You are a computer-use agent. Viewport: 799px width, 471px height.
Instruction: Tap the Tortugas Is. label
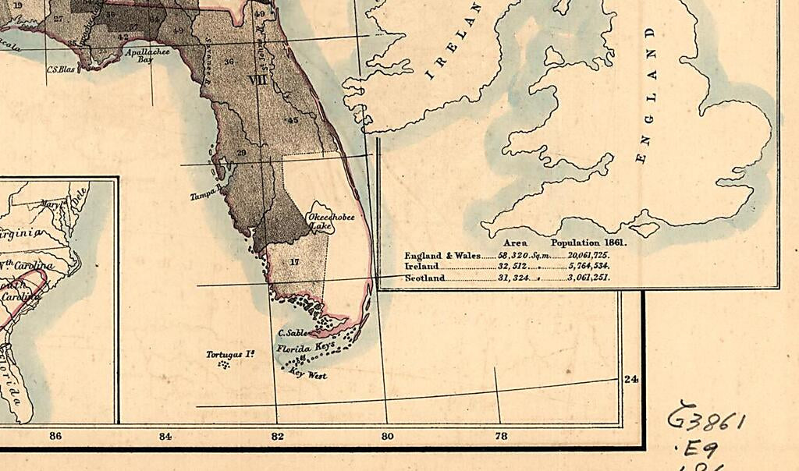(231, 355)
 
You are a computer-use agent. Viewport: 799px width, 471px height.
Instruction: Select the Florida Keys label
(305, 346)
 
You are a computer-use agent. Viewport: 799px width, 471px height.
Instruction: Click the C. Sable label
(291, 333)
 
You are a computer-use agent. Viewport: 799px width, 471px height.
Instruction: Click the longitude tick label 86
(55, 436)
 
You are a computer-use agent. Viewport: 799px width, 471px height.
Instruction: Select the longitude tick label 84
(165, 436)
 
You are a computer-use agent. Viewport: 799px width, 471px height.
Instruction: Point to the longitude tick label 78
(500, 436)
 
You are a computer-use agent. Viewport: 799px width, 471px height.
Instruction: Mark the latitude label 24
(630, 379)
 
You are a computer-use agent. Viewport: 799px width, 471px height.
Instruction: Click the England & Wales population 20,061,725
(581, 255)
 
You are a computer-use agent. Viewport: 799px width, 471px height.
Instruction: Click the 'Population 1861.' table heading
(588, 243)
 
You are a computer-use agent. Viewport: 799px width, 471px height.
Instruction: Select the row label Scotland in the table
(424, 278)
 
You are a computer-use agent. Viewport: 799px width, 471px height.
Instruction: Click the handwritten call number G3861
(706, 421)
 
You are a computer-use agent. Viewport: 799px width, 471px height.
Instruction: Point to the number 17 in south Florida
(294, 262)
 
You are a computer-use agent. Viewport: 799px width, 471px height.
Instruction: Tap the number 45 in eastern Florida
(293, 120)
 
